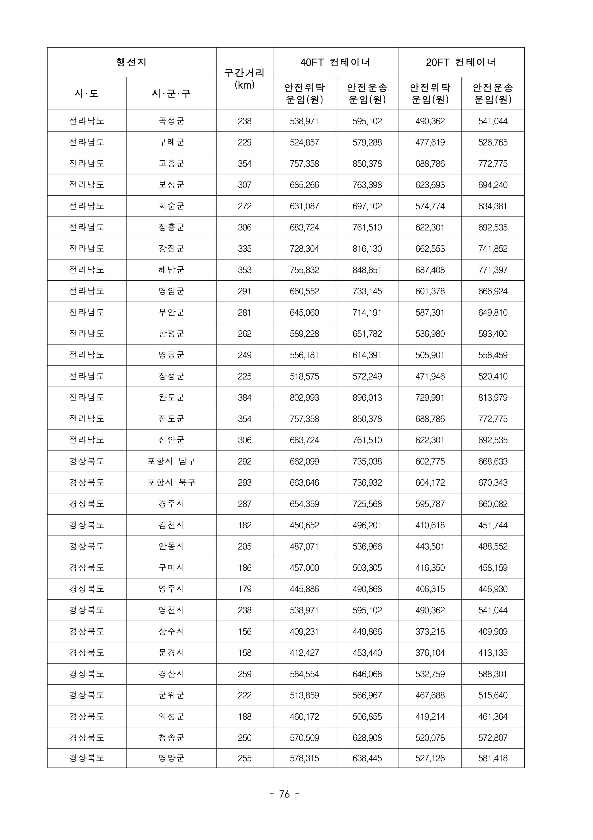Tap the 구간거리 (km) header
click(244, 79)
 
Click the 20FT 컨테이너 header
click(461, 62)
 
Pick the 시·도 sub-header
click(86, 94)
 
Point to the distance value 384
click(244, 398)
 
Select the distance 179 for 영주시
click(244, 589)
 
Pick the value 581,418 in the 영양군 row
click(492, 758)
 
